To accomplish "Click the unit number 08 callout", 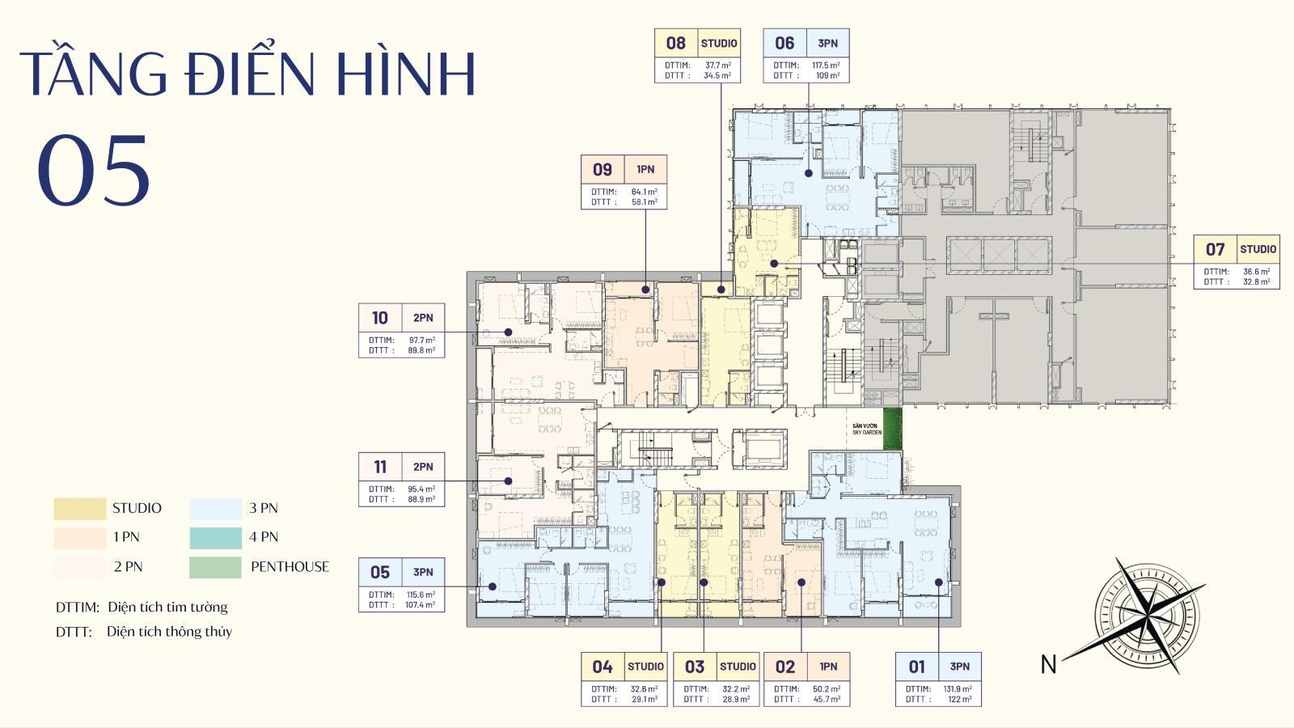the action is coord(676,44).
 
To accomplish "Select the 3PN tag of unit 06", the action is coord(828,44).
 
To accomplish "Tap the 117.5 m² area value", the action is coord(826,66).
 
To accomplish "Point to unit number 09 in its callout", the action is coord(603,170).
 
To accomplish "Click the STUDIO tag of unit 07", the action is coord(1258,250).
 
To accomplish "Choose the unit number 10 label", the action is coord(380,318).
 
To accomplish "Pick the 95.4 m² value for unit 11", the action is coord(421,489).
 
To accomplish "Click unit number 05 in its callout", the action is coord(380,573).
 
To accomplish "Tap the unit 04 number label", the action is coord(603,667).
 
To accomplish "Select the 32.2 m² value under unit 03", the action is coord(736,688).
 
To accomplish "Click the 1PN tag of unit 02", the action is coord(828,667).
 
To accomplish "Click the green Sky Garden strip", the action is coord(893,429).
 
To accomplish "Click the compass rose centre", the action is coord(1147,616).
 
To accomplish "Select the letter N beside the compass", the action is coord(1048,664).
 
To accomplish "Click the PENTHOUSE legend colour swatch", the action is coord(215,567).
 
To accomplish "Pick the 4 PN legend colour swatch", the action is coord(215,538).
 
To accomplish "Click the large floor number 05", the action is coord(94,169).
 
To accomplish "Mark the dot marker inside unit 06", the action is coord(809,173).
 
